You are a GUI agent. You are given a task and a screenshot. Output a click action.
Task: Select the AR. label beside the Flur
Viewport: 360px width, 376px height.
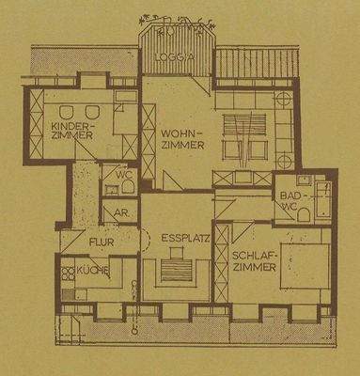pyautogui.click(x=121, y=213)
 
